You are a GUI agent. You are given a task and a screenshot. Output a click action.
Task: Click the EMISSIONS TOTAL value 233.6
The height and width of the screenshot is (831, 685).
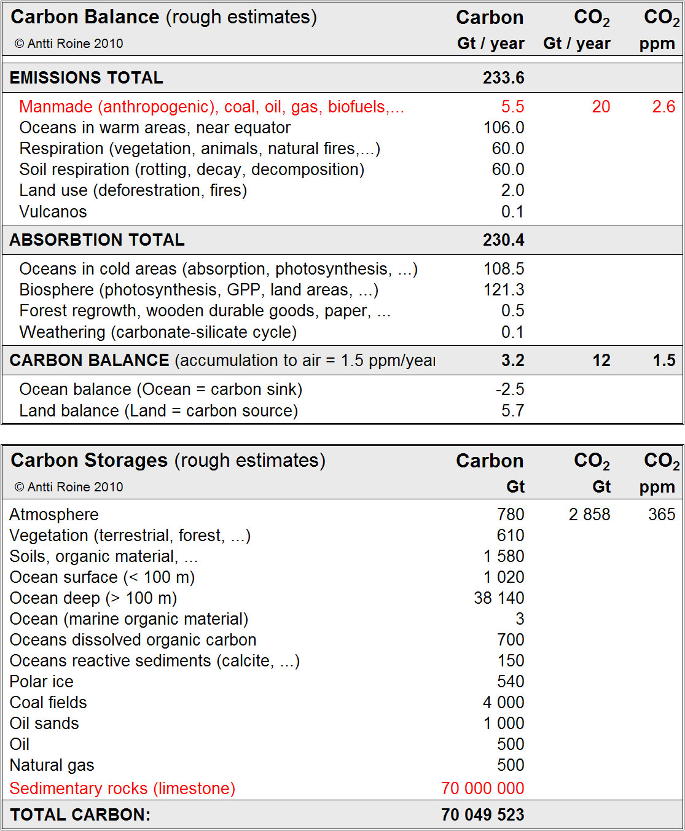point(503,78)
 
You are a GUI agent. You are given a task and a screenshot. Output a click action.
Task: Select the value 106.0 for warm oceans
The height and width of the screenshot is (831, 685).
point(504,128)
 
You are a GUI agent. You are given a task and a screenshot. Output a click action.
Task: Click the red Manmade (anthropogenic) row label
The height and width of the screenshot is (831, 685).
point(211,107)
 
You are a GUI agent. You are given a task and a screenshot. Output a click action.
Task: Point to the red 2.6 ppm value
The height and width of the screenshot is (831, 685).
point(663,107)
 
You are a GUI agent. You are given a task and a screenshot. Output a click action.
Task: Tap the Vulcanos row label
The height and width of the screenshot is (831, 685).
point(53,212)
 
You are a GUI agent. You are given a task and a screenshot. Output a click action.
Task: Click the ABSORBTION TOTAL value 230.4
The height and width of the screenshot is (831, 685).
point(503,240)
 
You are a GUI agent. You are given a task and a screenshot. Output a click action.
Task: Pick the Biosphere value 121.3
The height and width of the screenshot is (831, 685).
point(504,290)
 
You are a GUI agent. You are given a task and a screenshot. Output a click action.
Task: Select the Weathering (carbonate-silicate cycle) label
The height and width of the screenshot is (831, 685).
point(158,332)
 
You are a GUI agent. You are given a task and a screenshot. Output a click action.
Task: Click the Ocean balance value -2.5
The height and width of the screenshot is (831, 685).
point(510,389)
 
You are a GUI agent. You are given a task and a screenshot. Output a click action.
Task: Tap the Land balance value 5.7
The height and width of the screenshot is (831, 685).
point(512,411)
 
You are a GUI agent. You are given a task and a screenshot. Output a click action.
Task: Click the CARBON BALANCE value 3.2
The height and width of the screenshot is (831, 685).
point(512,361)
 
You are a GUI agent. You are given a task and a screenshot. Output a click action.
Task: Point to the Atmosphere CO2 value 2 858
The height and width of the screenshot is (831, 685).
point(589,515)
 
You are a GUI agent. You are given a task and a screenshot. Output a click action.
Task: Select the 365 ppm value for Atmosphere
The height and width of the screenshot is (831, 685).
point(662,515)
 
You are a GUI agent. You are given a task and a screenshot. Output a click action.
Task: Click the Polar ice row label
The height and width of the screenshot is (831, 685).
point(41,682)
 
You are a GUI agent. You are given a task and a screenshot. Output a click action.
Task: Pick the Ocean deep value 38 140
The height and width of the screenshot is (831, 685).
point(499,598)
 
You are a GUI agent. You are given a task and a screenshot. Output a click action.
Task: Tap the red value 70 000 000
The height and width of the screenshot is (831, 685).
point(482,789)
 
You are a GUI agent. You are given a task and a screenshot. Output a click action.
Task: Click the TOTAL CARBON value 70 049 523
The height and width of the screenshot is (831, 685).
point(482,815)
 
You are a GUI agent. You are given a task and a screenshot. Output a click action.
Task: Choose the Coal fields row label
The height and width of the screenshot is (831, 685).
point(48,703)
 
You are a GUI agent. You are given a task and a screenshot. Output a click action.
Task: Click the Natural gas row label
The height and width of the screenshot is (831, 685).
point(52,765)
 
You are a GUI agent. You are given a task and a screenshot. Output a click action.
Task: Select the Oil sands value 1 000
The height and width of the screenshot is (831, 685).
point(503,724)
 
